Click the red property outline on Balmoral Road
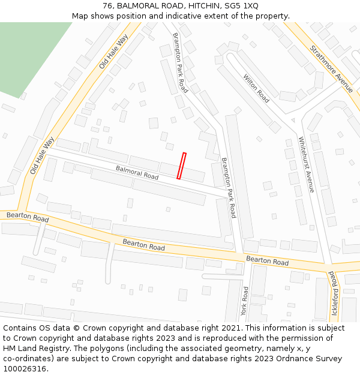(x=181, y=166)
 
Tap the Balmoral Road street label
(x=137, y=173)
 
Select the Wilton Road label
(x=256, y=88)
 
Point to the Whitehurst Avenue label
(x=307, y=164)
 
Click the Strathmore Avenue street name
(x=331, y=65)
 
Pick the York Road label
(x=244, y=301)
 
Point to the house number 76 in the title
(x=108, y=6)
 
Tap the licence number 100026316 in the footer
(x=25, y=369)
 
